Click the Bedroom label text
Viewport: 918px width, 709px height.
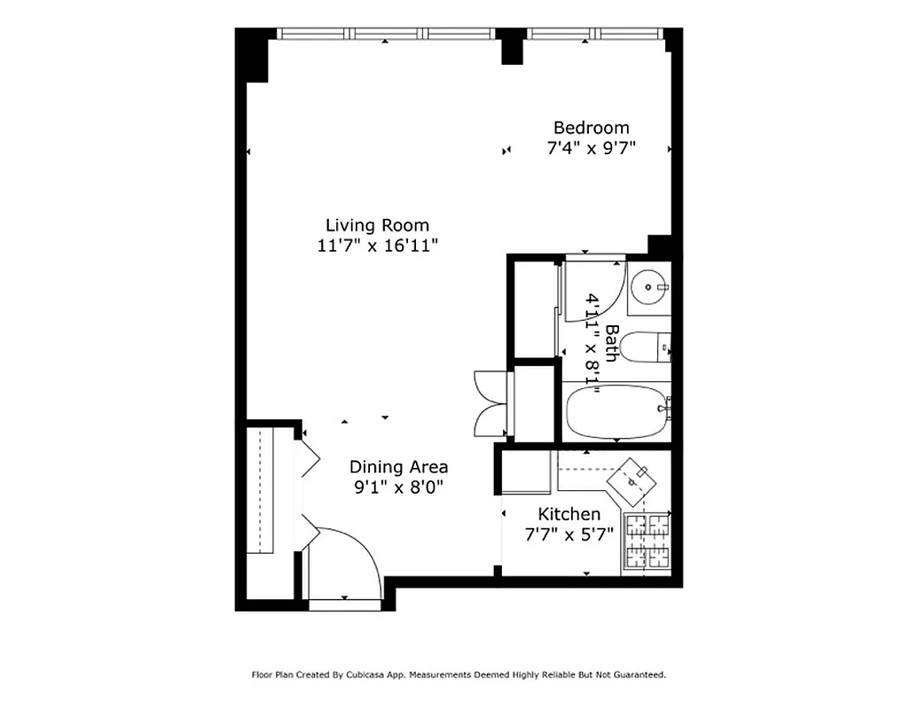[591, 128]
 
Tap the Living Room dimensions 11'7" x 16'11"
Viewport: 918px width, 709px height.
[378, 245]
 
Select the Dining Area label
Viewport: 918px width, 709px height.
[398, 466]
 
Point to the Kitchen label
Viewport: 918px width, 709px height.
[569, 514]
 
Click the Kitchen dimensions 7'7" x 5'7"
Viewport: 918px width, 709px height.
[569, 534]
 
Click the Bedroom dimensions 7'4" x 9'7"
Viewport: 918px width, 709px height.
[591, 148]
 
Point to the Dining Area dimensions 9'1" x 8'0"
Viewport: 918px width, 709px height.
[398, 487]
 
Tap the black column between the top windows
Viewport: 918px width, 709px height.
[511, 46]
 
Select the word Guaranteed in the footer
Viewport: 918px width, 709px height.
[639, 674]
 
